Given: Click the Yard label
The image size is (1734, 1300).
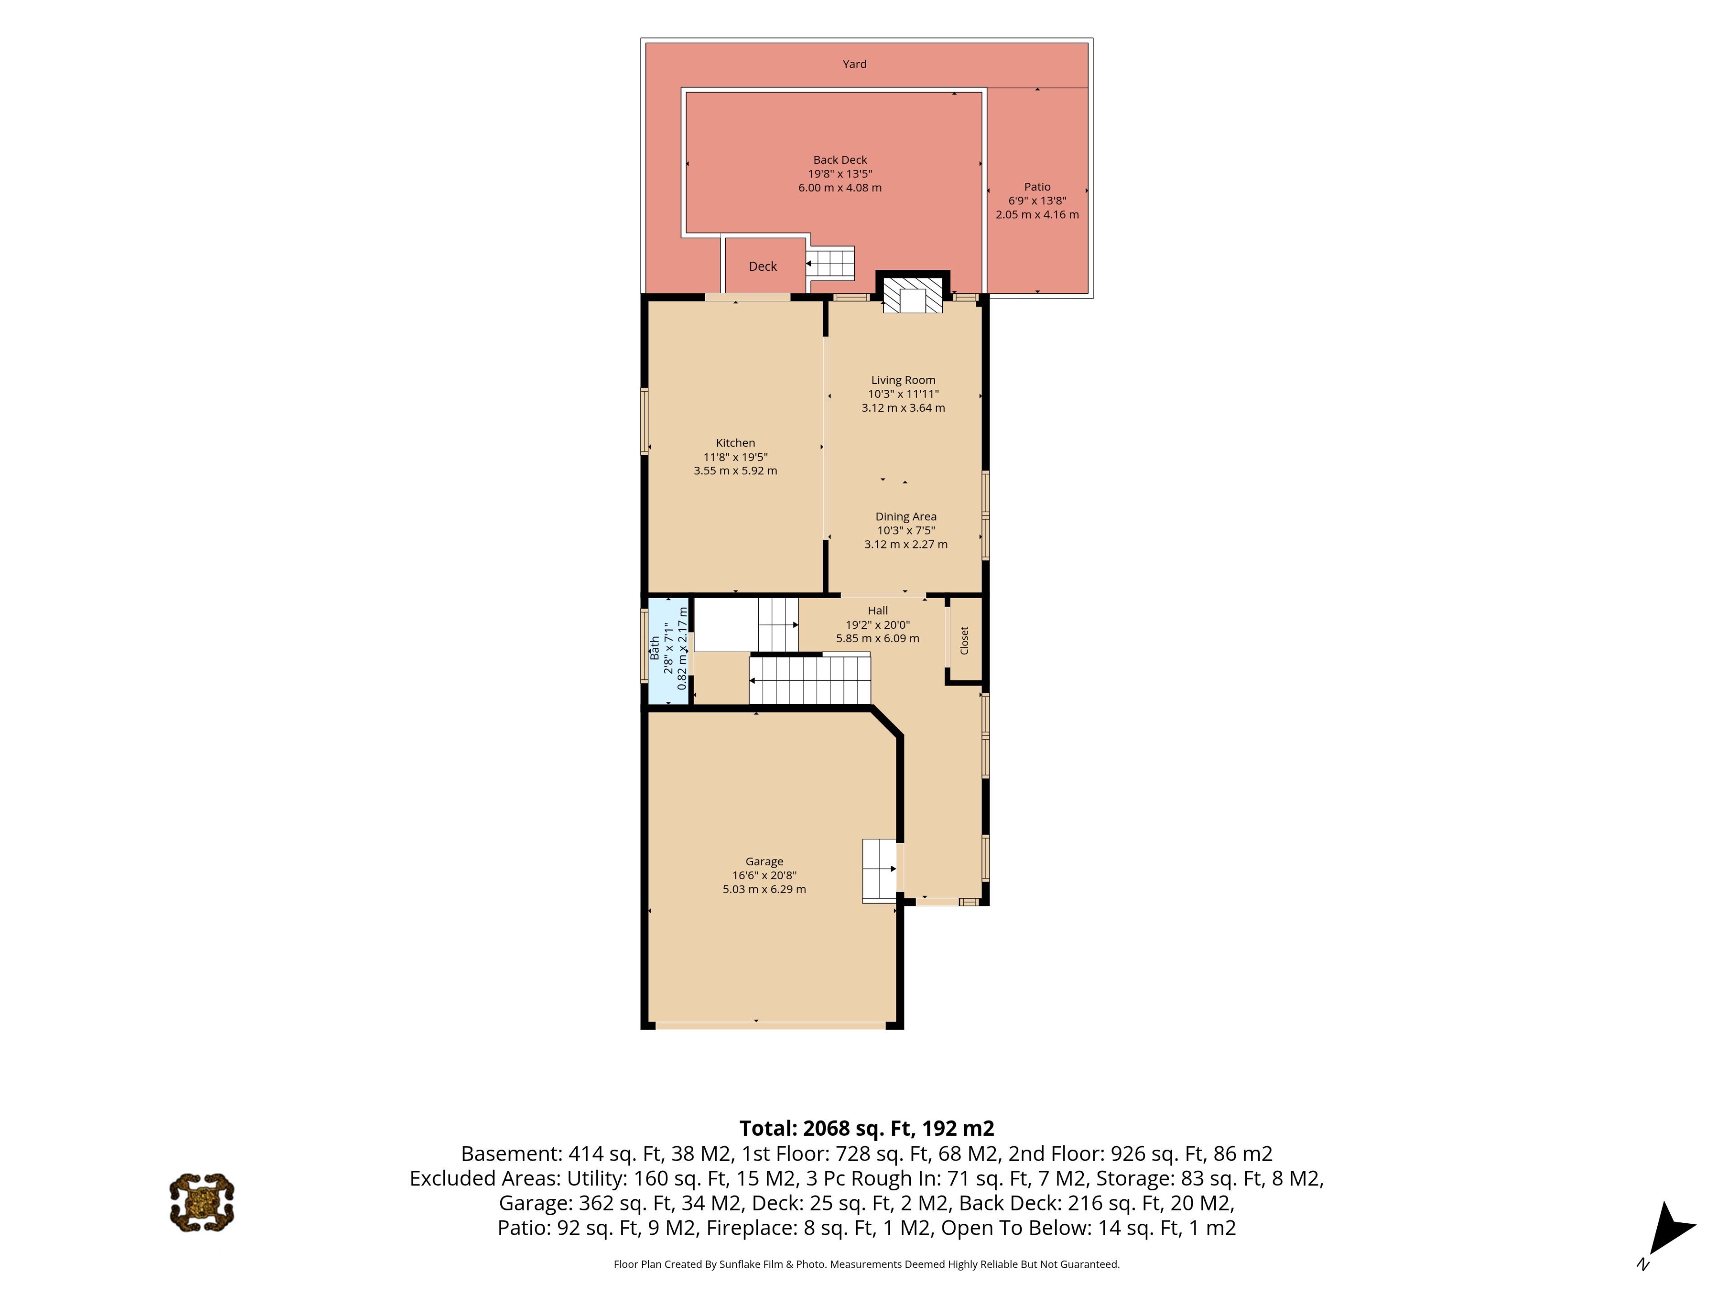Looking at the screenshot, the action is (x=854, y=64).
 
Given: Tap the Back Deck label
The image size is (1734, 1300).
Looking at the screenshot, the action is (x=839, y=160).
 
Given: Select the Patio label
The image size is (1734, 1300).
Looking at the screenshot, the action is (x=1037, y=186).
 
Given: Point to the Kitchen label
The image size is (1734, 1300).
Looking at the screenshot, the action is (x=735, y=443).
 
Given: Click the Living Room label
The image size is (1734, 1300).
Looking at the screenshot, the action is (x=903, y=380).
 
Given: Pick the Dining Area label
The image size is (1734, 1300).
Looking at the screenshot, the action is (x=906, y=516).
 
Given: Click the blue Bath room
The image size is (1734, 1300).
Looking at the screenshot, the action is (x=669, y=652).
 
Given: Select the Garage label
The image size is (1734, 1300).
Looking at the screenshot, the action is (x=764, y=861).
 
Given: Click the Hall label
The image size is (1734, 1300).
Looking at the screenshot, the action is (x=878, y=610).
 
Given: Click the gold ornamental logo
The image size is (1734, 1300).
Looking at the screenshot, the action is (x=202, y=1202).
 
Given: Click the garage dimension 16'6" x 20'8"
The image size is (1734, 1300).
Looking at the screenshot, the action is (x=764, y=875).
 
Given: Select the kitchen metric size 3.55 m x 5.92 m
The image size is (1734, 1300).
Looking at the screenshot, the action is (x=735, y=471).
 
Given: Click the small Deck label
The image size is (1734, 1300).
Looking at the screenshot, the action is (x=763, y=266).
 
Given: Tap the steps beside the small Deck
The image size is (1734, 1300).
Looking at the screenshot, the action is (x=830, y=263).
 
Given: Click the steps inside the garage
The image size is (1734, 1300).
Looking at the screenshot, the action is (x=880, y=871).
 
